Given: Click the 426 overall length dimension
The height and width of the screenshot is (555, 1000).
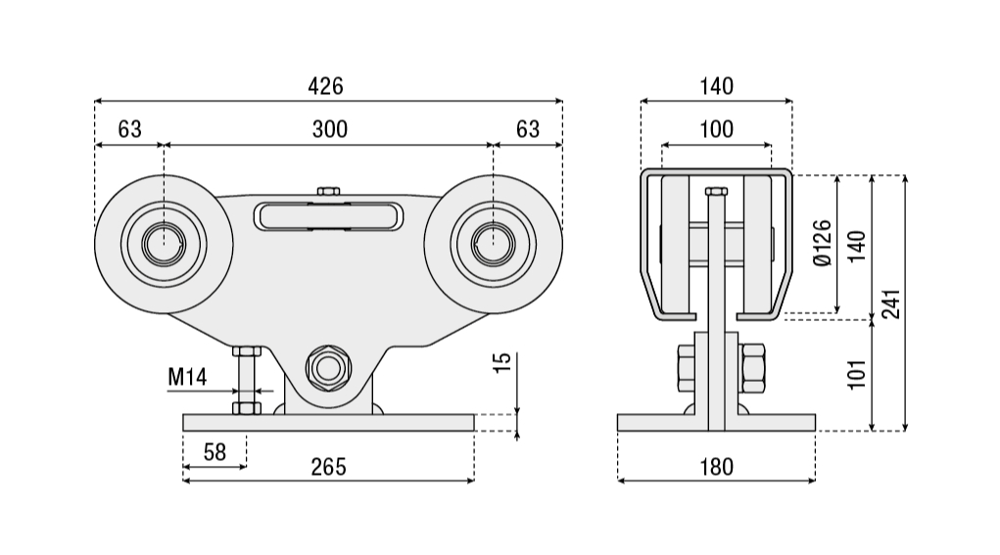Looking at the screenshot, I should click(x=326, y=86).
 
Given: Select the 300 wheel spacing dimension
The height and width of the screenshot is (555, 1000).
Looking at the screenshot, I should click(x=329, y=128).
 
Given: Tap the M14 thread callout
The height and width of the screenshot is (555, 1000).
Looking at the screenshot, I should click(x=187, y=377).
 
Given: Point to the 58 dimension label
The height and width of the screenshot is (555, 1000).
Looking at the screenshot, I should click(x=214, y=451).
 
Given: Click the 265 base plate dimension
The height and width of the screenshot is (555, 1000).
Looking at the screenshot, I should click(x=328, y=467).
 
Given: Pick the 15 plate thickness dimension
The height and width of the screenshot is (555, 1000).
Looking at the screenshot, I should click(x=501, y=362).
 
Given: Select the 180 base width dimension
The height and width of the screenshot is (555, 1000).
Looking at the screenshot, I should click(x=716, y=467).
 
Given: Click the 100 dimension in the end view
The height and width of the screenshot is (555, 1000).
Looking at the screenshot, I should click(x=716, y=128).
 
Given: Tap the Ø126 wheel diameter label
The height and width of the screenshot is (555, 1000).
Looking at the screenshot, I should click(x=822, y=243).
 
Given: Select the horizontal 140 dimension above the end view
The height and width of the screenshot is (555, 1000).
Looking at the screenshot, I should click(x=716, y=86).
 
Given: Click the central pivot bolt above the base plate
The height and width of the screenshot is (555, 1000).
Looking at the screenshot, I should click(x=327, y=368).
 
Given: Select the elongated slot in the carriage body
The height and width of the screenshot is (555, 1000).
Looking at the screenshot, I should click(x=328, y=216).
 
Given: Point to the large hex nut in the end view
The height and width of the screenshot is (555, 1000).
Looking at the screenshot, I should click(x=756, y=367).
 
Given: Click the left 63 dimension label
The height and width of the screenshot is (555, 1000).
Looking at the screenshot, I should click(x=129, y=128).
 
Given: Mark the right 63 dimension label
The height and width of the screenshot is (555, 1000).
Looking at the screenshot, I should click(x=528, y=128).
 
